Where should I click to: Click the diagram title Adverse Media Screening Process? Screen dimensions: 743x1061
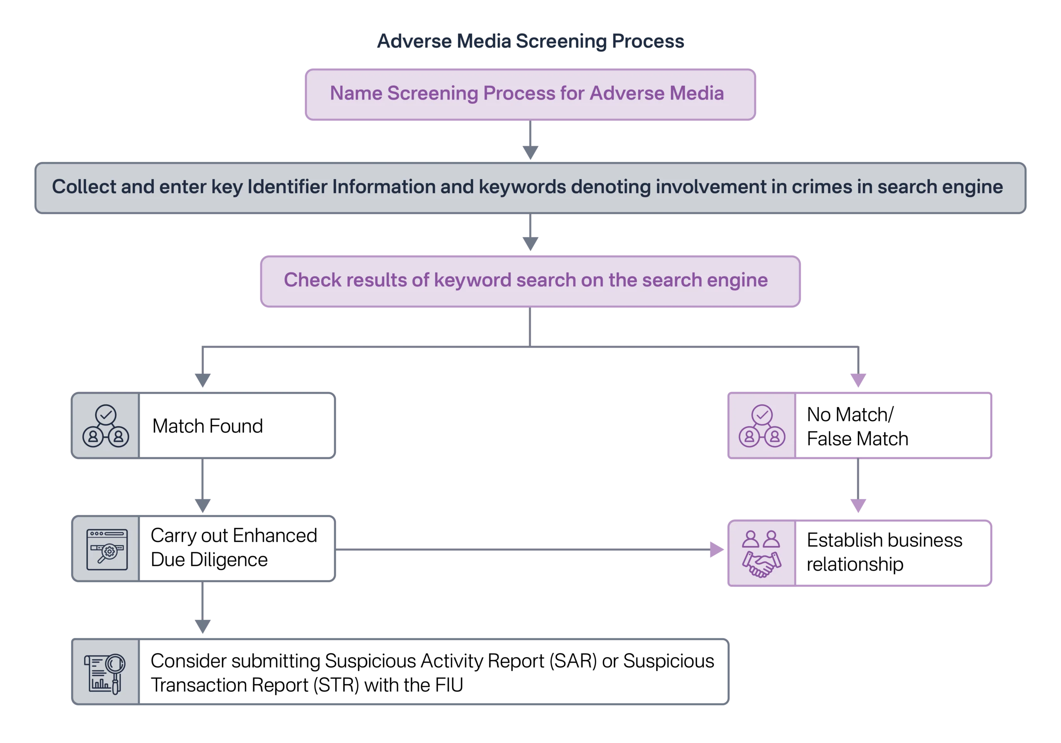click(530, 41)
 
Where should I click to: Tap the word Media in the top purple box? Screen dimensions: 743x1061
click(696, 93)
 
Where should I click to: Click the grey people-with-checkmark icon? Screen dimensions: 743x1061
click(106, 426)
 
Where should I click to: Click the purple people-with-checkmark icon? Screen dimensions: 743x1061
click(761, 426)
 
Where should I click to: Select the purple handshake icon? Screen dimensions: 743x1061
click(761, 553)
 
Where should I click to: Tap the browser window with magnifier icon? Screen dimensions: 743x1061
click(107, 549)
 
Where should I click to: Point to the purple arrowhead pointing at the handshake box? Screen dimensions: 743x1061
click(717, 550)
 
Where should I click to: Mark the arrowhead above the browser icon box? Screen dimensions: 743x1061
click(202, 505)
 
